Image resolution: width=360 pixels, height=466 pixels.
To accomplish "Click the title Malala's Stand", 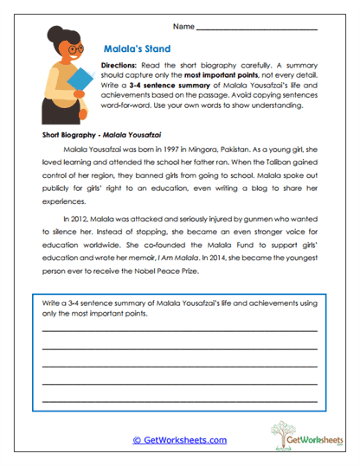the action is [x=136, y=49].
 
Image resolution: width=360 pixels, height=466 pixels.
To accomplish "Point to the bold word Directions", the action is [x=119, y=66].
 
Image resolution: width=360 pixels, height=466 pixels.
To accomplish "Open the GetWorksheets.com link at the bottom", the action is [x=179, y=440].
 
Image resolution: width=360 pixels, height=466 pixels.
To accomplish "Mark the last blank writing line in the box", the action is [x=179, y=402].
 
